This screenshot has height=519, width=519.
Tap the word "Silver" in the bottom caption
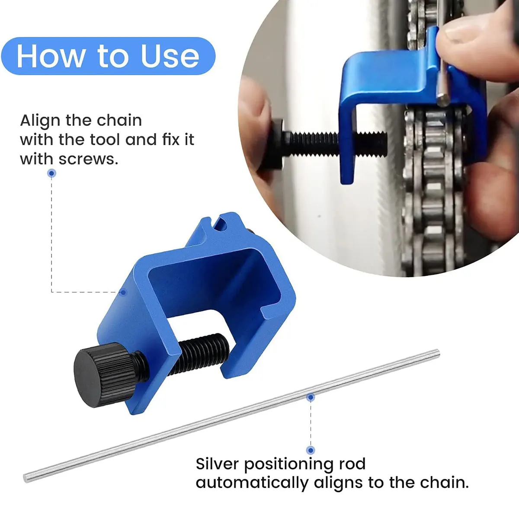click(217, 464)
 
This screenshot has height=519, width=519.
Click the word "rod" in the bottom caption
click(352, 464)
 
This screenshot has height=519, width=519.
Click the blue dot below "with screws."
click(52, 173)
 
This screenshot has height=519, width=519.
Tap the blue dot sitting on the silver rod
click(311, 397)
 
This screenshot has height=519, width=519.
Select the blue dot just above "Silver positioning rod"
click(311, 450)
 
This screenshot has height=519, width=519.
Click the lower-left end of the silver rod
click(27, 478)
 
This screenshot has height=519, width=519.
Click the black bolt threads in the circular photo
click(333, 141)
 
